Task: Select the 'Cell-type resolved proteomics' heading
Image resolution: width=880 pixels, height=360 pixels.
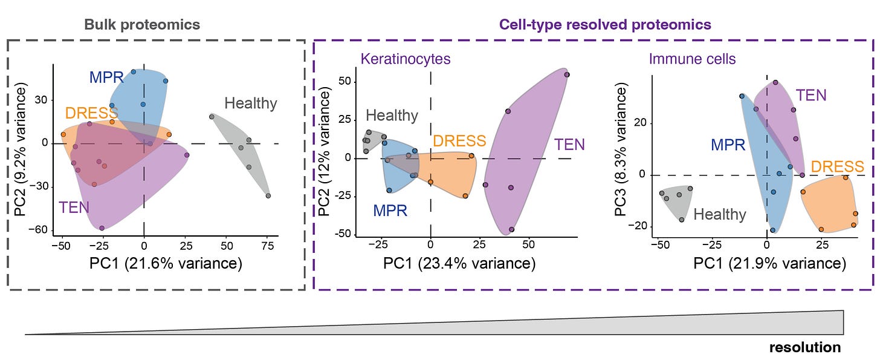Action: [x=604, y=25]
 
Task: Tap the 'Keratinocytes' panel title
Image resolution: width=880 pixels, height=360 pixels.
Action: [x=406, y=59]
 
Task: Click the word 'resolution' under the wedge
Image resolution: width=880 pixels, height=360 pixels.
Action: [x=804, y=347]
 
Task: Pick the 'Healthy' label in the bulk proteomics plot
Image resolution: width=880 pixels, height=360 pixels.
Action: [x=250, y=103]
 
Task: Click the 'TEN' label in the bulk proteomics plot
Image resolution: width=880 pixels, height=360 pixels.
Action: [x=74, y=208]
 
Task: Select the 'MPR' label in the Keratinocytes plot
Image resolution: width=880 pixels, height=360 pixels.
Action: [x=389, y=211]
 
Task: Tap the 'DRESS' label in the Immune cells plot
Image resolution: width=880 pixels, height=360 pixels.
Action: [x=837, y=166]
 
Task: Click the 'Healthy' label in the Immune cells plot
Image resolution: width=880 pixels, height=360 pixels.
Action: [x=719, y=214]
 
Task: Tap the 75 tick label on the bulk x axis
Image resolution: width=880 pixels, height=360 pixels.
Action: [x=268, y=246]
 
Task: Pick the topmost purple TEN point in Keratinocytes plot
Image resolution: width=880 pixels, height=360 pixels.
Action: [x=567, y=74]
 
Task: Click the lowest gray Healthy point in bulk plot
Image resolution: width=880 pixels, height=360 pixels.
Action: [x=268, y=195]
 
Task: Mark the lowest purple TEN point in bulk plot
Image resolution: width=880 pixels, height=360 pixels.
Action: [x=102, y=228]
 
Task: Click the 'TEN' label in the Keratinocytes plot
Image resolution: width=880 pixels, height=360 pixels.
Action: [x=569, y=145]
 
